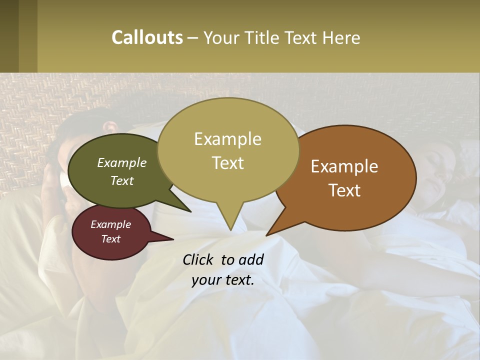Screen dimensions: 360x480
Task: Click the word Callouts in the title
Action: (x=147, y=37)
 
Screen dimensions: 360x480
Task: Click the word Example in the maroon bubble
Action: (x=110, y=224)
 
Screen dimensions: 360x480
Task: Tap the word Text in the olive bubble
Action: (x=122, y=181)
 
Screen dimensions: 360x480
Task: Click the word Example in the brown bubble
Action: (x=344, y=166)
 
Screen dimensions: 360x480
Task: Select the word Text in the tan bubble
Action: (x=228, y=163)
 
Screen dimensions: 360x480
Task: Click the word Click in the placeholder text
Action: (x=199, y=259)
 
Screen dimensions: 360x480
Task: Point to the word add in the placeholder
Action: (x=251, y=259)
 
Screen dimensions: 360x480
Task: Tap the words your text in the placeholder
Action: (x=223, y=280)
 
